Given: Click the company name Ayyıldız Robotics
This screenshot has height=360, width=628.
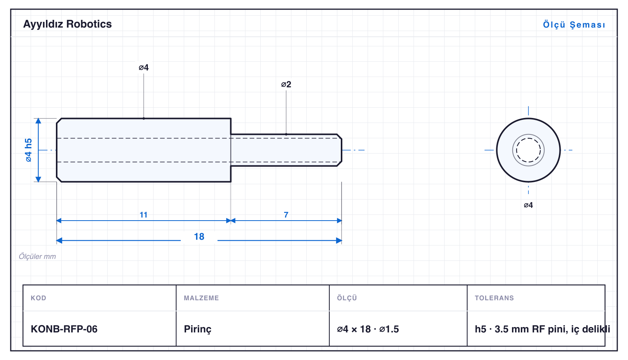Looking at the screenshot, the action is pos(67,24).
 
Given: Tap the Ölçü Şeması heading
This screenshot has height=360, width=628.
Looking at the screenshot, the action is pos(574,25).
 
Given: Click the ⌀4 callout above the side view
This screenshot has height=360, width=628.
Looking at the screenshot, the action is pos(144,67).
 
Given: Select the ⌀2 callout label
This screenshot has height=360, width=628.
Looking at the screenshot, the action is pos(286,84).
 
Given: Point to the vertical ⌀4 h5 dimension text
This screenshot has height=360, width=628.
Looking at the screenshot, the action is pos(29,150).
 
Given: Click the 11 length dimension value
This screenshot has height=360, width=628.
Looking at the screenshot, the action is pos(144,215).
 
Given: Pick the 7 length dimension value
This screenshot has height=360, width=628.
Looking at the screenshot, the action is pos(286,215).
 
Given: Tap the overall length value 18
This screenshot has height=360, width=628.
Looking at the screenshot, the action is pos(199,237).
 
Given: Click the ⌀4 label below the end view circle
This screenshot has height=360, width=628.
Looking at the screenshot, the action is pos(528,205).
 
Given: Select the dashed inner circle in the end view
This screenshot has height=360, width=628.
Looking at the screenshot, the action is pos(528,138).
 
